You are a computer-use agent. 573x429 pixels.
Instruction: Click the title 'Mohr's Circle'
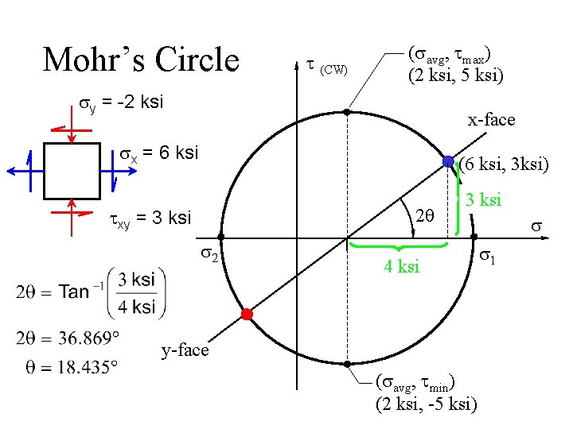[x=141, y=60]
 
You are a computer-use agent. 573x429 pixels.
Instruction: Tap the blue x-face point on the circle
[x=449, y=161]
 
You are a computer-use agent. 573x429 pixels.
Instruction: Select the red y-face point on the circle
[x=247, y=315]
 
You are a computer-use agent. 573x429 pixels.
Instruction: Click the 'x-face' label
[x=491, y=120]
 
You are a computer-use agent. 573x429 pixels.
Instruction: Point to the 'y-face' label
[x=185, y=350]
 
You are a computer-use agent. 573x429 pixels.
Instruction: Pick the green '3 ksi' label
[x=483, y=199]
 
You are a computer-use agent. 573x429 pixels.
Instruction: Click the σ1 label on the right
[x=488, y=257]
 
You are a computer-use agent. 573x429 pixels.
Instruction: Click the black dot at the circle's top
[x=347, y=112]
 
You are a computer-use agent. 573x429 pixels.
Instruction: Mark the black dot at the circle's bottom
[x=347, y=364]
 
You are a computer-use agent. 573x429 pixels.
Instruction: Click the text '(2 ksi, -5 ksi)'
[x=427, y=404]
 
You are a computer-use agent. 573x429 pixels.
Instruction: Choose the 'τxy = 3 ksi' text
[x=150, y=217]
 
